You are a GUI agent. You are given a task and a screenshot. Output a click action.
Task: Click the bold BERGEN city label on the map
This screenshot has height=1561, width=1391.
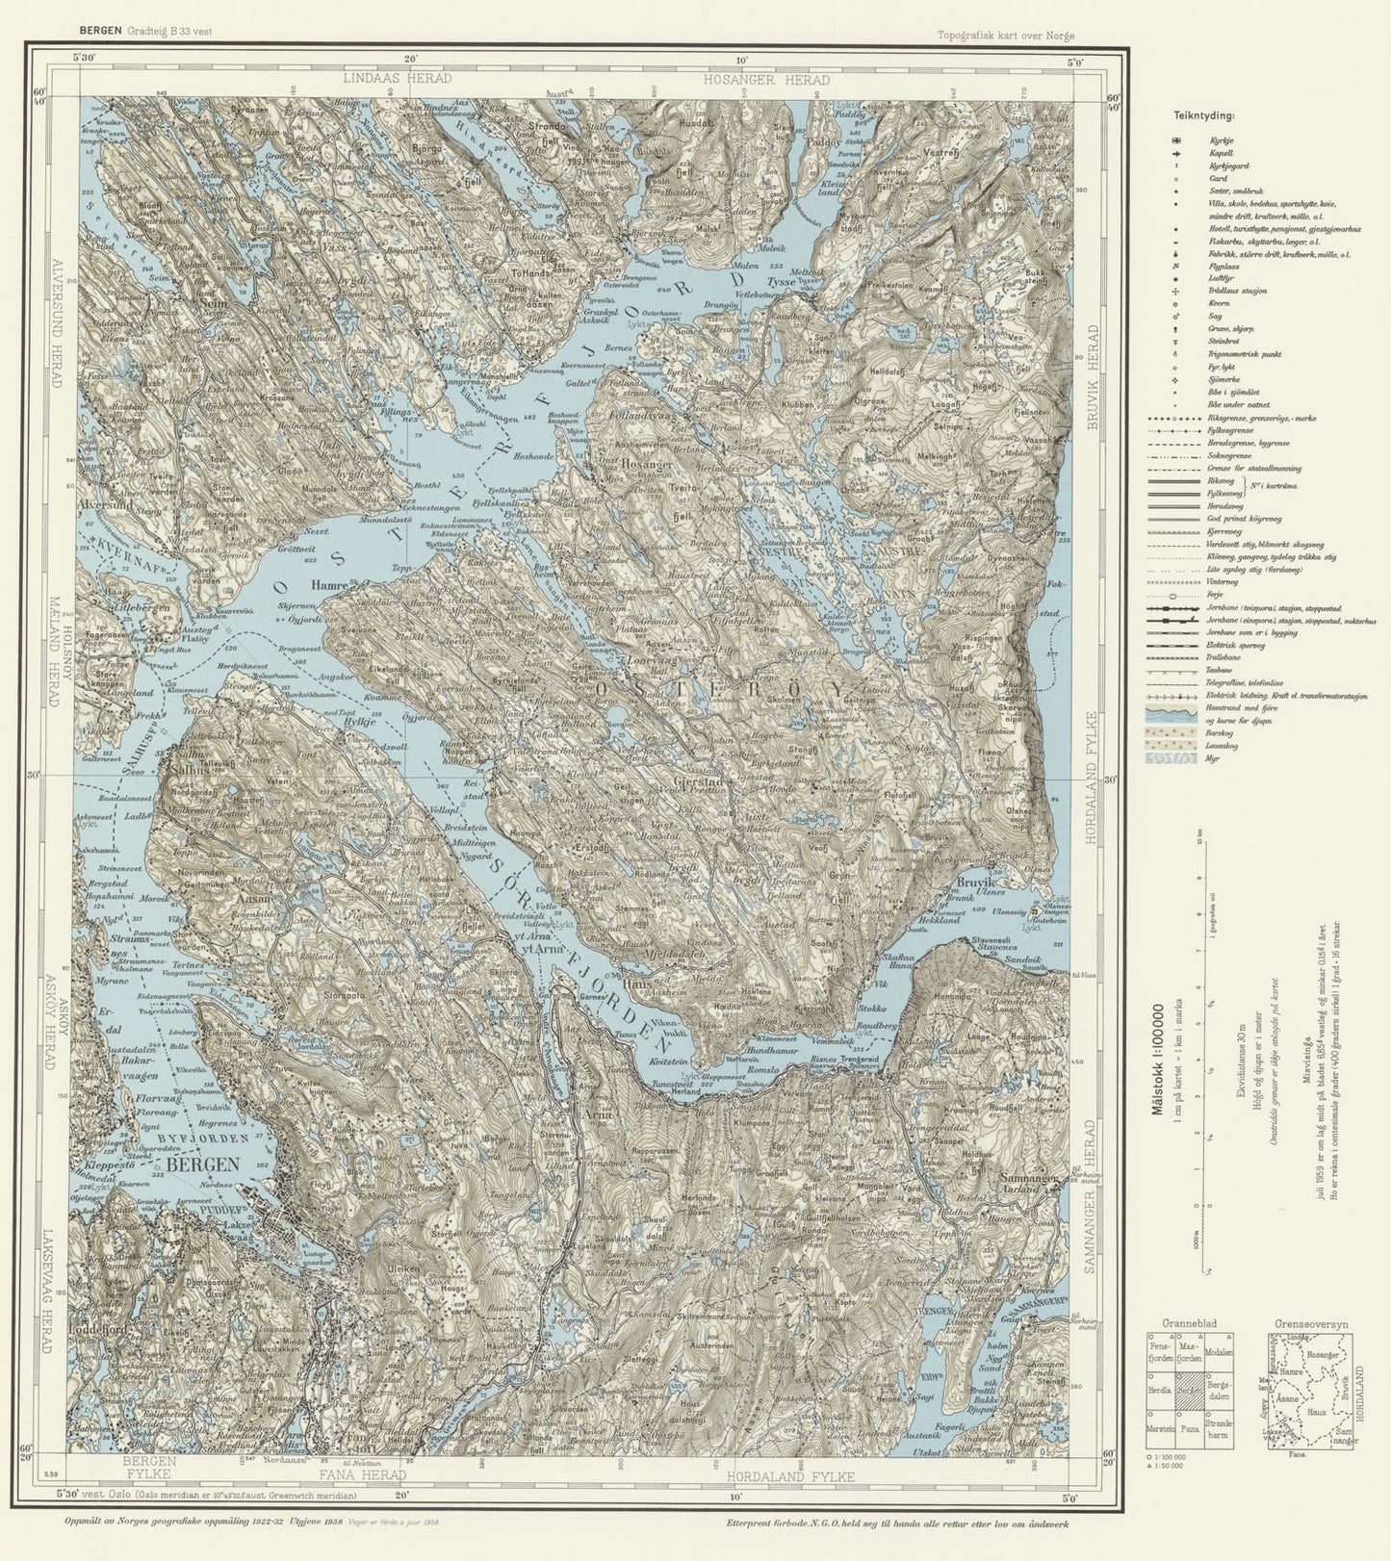point(202,1164)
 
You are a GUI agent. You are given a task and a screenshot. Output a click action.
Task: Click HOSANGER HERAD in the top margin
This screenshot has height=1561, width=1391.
point(765,80)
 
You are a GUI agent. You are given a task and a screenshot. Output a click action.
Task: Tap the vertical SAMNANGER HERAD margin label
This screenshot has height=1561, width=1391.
point(1091,1195)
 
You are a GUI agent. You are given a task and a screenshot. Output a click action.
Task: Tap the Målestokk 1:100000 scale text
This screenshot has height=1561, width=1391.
point(1158,1049)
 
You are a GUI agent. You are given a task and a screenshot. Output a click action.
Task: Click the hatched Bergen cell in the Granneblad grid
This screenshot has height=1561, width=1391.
point(1189,1391)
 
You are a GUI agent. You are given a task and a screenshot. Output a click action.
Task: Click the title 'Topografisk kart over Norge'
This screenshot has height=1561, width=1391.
point(1006,36)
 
